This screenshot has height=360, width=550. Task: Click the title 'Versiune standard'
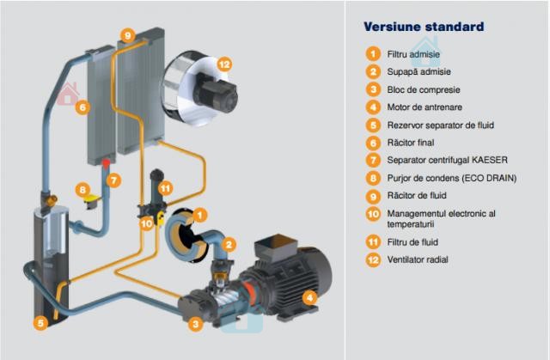[x=424, y=27]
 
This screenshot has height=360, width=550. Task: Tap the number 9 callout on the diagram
[x=128, y=35]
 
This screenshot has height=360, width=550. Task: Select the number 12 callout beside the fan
[x=224, y=64]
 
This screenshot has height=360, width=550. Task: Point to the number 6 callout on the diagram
[x=82, y=107]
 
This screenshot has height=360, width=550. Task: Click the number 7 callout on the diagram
[x=113, y=181]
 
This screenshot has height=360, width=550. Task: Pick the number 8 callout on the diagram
[x=82, y=190]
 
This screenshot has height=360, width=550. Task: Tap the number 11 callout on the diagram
[x=165, y=188]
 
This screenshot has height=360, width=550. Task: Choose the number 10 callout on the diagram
[x=147, y=223]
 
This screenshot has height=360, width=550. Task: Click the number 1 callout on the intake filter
[x=199, y=215]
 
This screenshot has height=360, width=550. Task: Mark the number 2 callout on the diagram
[x=229, y=245]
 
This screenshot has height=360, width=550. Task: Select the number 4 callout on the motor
[x=309, y=298]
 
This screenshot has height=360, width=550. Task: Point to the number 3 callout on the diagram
[x=195, y=324]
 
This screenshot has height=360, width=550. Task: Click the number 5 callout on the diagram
[x=40, y=323]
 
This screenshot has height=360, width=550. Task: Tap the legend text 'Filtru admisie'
[x=413, y=54]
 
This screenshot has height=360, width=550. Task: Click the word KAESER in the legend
[x=490, y=160]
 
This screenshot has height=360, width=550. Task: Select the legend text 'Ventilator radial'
[x=418, y=259]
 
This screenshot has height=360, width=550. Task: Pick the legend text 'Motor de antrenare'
[x=425, y=107]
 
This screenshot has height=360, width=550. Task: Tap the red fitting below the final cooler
[x=106, y=163]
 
